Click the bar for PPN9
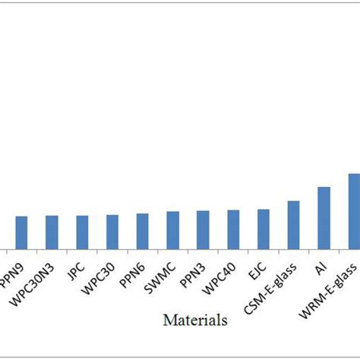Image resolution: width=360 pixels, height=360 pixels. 21,232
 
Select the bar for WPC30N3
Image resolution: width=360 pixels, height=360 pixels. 52,232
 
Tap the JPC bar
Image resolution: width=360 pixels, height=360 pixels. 82,232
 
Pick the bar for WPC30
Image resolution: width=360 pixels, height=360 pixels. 112,232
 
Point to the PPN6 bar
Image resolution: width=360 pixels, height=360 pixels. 142,231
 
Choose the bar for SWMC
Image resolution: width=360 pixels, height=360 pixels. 172,229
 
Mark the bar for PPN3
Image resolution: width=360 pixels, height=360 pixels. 203,229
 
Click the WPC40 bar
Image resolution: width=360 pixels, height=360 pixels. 233,229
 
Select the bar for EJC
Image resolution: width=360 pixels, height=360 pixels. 263,229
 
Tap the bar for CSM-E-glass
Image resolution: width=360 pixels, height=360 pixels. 293,225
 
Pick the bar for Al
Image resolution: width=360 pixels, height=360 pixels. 324,218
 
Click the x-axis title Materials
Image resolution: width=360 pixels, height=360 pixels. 194,320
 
